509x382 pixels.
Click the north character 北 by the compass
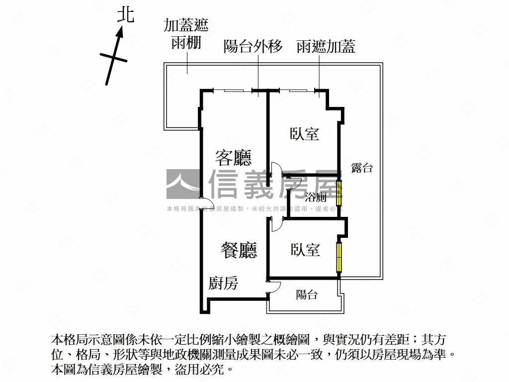126,15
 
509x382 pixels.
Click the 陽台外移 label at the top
253,46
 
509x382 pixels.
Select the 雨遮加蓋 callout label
326,46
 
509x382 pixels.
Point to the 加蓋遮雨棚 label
186,33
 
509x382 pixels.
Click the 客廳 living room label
234,158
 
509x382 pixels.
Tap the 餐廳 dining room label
239,250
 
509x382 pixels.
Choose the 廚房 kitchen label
223,283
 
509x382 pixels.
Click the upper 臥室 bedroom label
305,134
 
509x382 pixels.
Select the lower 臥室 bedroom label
305,250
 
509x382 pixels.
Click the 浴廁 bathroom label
316,196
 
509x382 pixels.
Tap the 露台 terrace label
362,168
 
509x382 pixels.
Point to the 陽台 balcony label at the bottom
307,294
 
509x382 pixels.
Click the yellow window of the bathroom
339,193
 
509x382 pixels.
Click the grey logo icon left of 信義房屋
183,184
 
